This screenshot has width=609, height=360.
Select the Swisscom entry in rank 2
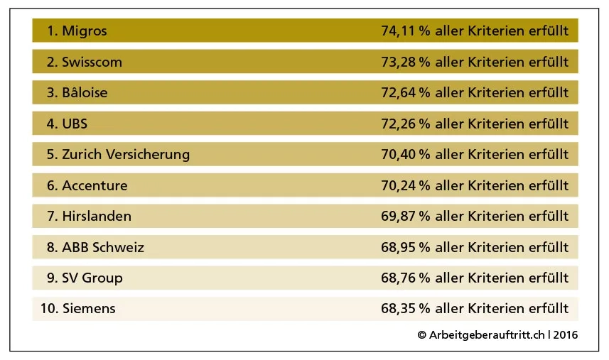pyautogui.click(x=92, y=62)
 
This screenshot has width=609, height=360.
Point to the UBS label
pyautogui.click(x=75, y=124)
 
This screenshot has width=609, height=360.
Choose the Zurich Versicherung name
pyautogui.click(x=126, y=154)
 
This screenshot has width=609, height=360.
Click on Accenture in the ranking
pyautogui.click(x=95, y=185)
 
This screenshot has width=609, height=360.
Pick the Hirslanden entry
pyautogui.click(x=97, y=216)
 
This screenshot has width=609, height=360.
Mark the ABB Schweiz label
pyautogui.click(x=103, y=247)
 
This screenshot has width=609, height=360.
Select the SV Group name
pyautogui.click(x=92, y=278)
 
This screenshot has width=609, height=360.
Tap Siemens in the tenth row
pyautogui.click(x=89, y=309)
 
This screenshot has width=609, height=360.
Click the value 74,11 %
pyautogui.click(x=406, y=31)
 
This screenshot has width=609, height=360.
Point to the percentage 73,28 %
pyautogui.click(x=406, y=62)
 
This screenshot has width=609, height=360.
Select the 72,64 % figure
pyautogui.click(x=406, y=92)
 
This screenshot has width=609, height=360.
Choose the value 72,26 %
pyautogui.click(x=406, y=124)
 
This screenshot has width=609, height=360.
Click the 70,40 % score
pyautogui.click(x=406, y=154)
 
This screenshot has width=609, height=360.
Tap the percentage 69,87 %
pyautogui.click(x=406, y=216)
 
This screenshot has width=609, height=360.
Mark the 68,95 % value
pyautogui.click(x=406, y=247)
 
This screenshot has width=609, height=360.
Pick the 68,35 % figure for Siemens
pyautogui.click(x=406, y=309)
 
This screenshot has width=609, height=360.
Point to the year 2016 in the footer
pyautogui.click(x=566, y=334)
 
